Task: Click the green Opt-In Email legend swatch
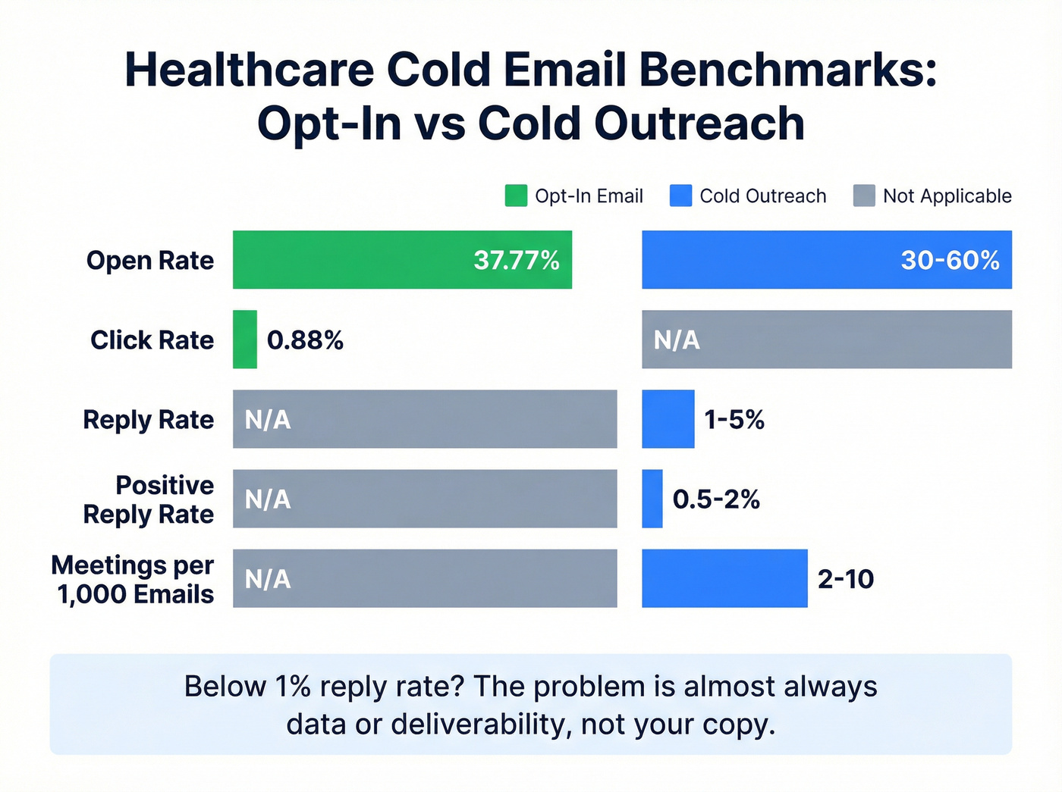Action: point(516,196)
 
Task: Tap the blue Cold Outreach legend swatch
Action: point(680,196)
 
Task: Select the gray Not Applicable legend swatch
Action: point(864,196)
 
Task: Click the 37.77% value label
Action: point(516,260)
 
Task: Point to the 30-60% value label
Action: point(950,260)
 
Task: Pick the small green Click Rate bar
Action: point(244,340)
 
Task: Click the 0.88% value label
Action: point(305,340)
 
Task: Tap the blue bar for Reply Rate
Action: point(668,419)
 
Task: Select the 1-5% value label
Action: point(734,420)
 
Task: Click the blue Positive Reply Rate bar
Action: point(652,499)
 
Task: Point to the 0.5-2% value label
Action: point(715,499)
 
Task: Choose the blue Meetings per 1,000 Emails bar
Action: point(724,578)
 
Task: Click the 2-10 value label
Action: point(845,579)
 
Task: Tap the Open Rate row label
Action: point(150,260)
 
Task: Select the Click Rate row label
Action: point(152,340)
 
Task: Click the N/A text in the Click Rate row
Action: point(677,340)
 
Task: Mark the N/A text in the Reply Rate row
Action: point(267,420)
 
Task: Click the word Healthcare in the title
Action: point(249,70)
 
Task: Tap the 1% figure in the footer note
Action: point(293,687)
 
